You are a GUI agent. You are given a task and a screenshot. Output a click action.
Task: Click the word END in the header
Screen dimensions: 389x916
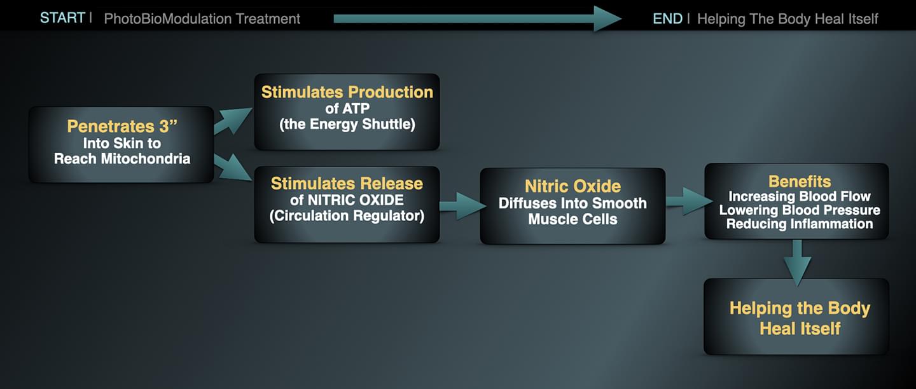(x=667, y=18)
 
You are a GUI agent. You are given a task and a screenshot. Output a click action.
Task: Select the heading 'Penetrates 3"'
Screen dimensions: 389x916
(x=121, y=126)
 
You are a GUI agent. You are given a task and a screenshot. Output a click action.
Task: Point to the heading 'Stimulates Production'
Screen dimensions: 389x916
(x=347, y=92)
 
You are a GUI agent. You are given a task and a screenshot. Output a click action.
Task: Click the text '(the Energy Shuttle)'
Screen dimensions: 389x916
(x=347, y=125)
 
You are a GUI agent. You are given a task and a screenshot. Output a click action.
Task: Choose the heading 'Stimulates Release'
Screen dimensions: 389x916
(x=347, y=184)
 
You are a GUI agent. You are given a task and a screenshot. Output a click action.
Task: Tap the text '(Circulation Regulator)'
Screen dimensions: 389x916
(x=347, y=215)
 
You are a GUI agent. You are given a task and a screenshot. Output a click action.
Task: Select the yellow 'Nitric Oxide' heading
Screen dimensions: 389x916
(x=572, y=186)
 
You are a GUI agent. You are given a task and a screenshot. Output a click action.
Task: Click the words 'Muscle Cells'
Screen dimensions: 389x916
(x=572, y=219)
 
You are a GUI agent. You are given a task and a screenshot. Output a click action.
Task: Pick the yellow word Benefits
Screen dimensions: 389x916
(x=799, y=182)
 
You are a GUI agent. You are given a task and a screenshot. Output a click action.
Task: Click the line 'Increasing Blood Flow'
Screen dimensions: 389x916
(x=799, y=196)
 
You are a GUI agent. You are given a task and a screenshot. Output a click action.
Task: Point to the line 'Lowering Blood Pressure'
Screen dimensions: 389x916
(x=799, y=210)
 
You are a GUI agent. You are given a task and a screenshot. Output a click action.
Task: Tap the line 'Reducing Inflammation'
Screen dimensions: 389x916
(x=799, y=224)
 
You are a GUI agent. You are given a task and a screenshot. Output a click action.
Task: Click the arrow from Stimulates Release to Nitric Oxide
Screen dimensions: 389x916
(x=460, y=205)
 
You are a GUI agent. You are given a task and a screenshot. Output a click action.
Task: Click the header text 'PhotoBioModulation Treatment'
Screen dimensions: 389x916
(x=202, y=18)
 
